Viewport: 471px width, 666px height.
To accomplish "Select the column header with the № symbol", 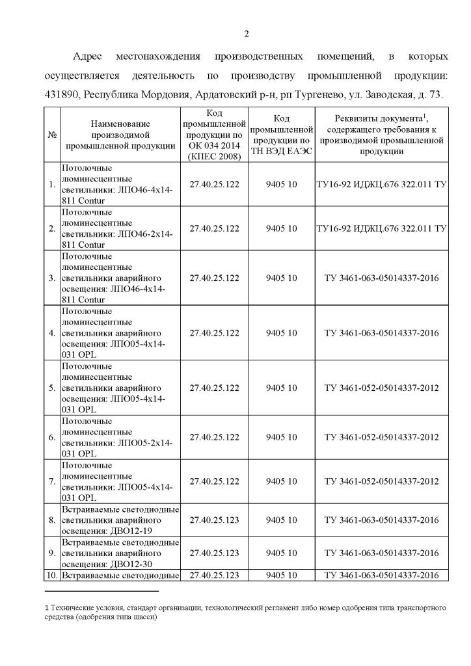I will [x=51, y=134].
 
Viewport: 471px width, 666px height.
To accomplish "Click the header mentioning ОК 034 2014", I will [x=214, y=134].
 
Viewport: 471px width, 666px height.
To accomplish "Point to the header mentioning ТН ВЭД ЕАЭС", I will [x=281, y=134].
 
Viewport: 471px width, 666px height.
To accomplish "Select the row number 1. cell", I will [x=51, y=185].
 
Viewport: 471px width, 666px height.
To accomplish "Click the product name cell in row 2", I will [x=117, y=228].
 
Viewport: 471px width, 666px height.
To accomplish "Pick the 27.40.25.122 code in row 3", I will [x=214, y=278].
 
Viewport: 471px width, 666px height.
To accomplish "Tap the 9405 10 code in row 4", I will [x=281, y=333].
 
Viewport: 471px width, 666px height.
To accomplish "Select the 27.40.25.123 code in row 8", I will [x=214, y=520].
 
